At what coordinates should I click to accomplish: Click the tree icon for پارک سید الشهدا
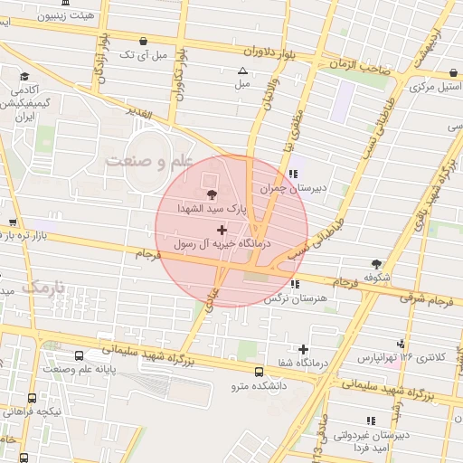[x=212, y=194]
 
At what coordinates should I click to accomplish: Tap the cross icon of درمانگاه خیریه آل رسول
[x=222, y=231]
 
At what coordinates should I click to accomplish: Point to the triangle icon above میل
[x=241, y=71]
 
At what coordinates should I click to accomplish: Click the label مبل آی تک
[x=145, y=55]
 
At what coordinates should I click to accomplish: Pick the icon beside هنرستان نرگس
[x=295, y=284]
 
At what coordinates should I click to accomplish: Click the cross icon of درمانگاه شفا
[x=303, y=349]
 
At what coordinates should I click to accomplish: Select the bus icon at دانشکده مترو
[x=260, y=372]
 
